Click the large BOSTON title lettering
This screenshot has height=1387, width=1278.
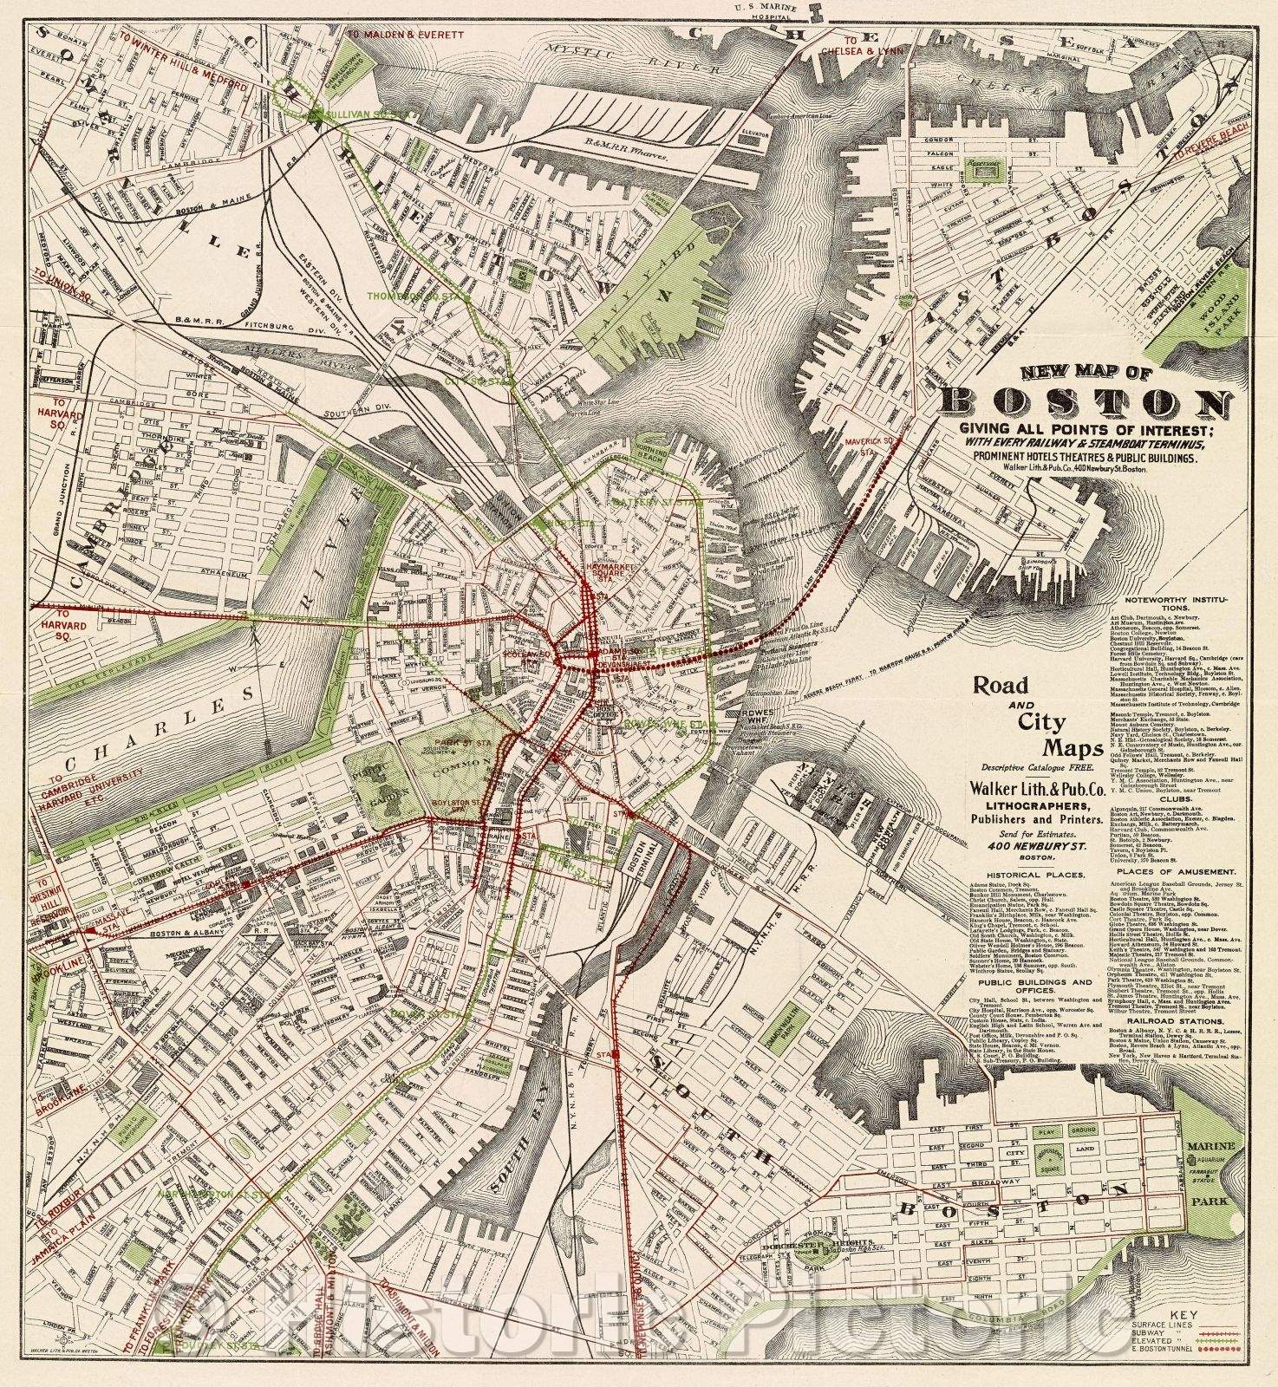tap(1086, 404)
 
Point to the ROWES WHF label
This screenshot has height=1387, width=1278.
tap(733, 716)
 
